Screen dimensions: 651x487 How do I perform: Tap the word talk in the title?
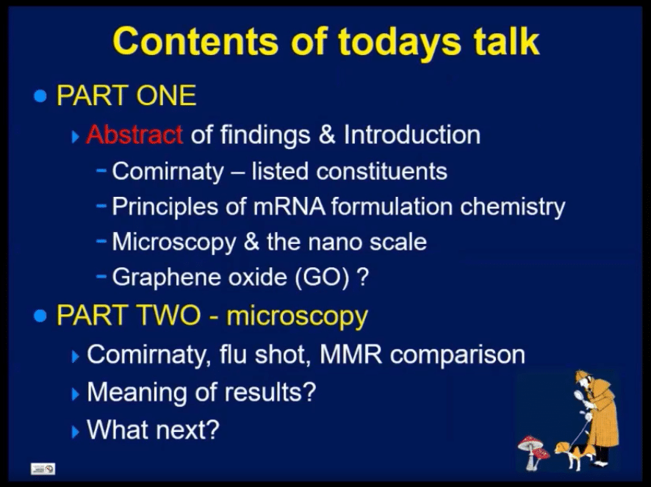pyautogui.click(x=506, y=40)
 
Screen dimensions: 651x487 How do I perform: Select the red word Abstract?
pyautogui.click(x=134, y=134)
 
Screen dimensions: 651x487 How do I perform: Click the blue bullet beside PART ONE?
pyautogui.click(x=40, y=96)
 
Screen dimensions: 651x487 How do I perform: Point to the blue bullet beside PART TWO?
pyautogui.click(x=40, y=317)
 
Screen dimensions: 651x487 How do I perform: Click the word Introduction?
pyautogui.click(x=412, y=134)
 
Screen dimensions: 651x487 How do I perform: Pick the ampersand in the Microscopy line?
pyautogui.click(x=251, y=242)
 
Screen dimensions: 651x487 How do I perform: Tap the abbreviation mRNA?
pyautogui.click(x=289, y=206)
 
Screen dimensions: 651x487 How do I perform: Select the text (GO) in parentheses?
pyautogui.click(x=322, y=278)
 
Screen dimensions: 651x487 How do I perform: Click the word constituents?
pyautogui.click(x=381, y=171)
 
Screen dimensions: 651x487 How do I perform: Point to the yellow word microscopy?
pyautogui.click(x=297, y=317)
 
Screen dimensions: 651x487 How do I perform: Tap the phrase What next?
pyautogui.click(x=153, y=429)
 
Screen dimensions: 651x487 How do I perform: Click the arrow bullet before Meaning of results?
pyautogui.click(x=75, y=394)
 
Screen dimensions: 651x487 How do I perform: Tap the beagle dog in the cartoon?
pyautogui.click(x=571, y=455)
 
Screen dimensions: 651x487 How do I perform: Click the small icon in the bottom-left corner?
pyautogui.click(x=43, y=469)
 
